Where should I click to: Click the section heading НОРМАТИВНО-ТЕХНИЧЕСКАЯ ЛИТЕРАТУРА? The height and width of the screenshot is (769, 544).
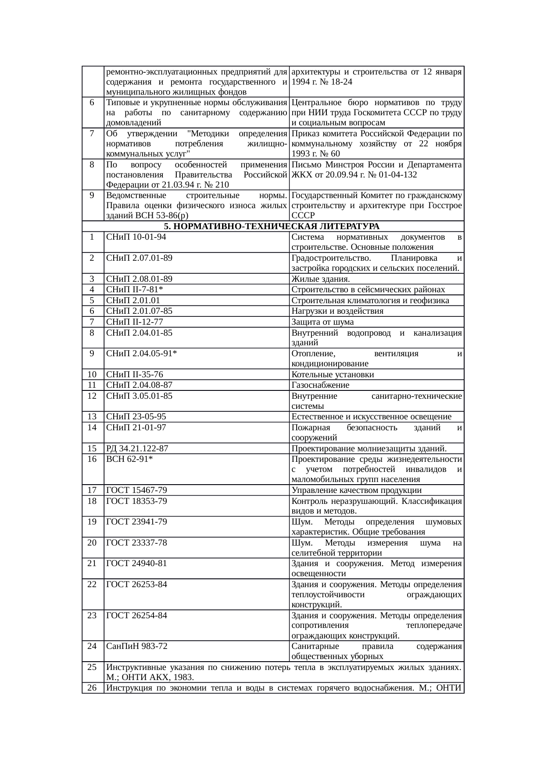tap(272, 227)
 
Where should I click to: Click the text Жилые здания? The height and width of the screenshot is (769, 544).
tap(320, 279)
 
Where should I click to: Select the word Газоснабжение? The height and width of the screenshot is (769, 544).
tap(320, 385)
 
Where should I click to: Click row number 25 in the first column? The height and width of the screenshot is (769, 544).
tap(92, 667)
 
